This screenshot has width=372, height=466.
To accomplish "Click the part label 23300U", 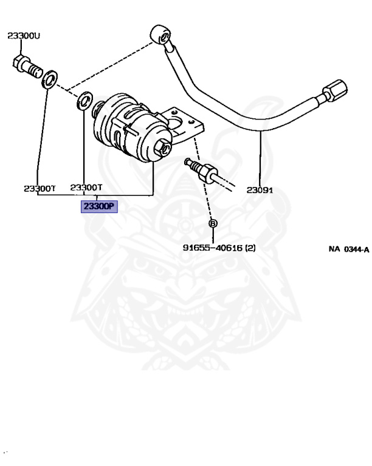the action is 24,36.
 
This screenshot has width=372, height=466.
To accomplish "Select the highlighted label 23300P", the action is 99,206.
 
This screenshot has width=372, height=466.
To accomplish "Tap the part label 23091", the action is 260,190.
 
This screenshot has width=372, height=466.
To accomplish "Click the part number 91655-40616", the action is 213,248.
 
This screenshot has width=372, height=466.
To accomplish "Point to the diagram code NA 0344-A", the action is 349,249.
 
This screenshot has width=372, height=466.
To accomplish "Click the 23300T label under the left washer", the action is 40,189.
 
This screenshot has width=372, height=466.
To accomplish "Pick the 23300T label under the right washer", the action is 86,187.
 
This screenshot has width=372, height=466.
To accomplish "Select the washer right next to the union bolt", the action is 50,79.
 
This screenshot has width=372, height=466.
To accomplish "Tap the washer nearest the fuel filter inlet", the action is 85,101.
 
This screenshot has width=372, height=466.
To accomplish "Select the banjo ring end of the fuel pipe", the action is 160,35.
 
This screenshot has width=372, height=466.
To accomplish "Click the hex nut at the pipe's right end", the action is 335,90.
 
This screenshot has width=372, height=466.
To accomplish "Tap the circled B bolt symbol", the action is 213,223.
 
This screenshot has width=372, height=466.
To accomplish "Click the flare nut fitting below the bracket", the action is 205,172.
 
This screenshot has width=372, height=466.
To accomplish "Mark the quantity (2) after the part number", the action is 250,248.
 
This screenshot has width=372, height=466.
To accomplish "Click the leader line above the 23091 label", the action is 260,158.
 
